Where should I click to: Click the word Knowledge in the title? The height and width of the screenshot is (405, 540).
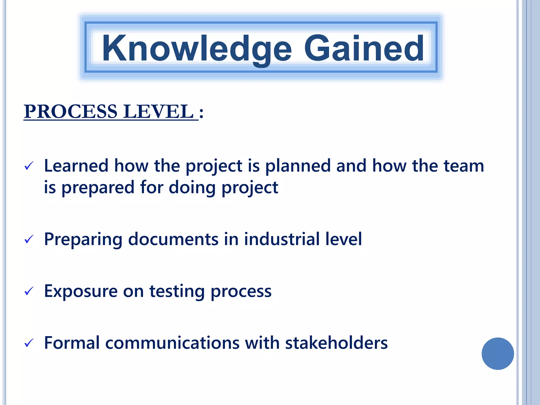[x=197, y=49]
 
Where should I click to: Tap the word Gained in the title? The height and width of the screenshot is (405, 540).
[x=364, y=49]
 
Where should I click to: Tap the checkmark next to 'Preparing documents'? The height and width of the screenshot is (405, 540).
[x=29, y=239]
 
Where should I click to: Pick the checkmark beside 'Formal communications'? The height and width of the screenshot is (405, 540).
[x=29, y=343]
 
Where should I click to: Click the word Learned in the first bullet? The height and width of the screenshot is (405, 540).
[x=76, y=166]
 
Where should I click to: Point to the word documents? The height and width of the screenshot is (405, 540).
[x=173, y=239]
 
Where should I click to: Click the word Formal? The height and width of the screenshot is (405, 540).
[x=72, y=343]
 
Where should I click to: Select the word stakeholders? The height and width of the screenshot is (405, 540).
[x=336, y=343]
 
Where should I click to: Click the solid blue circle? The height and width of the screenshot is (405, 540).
[x=498, y=354]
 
